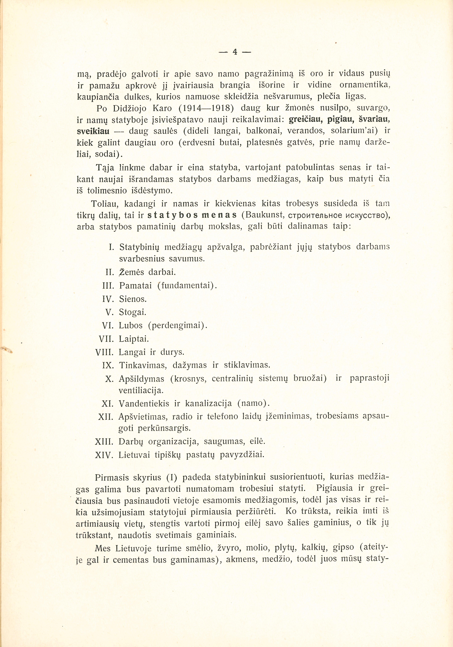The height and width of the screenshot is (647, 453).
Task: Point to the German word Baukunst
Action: tap(264, 215)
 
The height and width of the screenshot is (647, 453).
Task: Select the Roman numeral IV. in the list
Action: tap(108, 299)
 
